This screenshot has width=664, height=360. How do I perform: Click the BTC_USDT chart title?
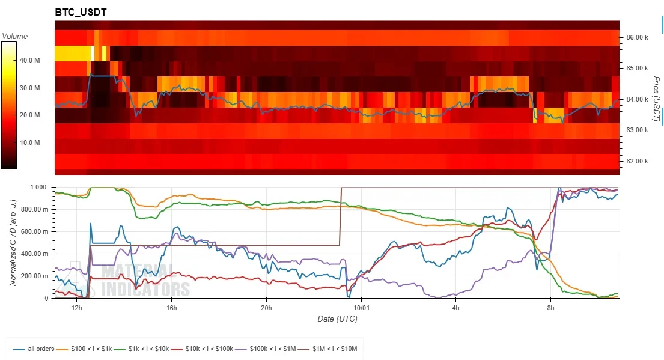[x=81, y=12]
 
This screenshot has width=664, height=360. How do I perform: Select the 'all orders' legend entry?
[x=34, y=349]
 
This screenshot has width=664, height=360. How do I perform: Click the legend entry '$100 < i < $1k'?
[x=84, y=349]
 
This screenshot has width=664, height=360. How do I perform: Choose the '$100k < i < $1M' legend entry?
[x=266, y=349]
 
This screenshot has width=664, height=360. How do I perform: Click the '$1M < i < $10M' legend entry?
[x=327, y=349]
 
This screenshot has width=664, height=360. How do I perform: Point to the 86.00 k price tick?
[x=637, y=37]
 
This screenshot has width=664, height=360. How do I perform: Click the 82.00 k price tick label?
[x=637, y=161]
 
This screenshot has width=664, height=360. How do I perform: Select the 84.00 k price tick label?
[x=637, y=99]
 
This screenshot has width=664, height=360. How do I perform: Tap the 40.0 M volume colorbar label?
[x=29, y=60]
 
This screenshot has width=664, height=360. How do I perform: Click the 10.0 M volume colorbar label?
[x=29, y=142]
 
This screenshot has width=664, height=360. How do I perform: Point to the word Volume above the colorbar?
[x=15, y=37]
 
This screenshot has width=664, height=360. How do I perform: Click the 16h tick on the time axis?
[x=171, y=308]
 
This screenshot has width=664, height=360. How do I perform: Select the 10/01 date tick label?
[x=361, y=308]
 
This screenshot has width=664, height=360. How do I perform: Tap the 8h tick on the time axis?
[x=550, y=308]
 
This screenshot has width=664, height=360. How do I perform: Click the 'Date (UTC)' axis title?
[x=338, y=319]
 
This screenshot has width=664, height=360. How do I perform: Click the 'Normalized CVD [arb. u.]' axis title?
[x=13, y=242]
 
